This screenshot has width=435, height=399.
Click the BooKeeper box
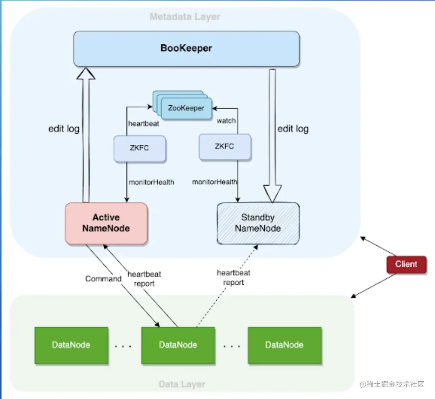point(186,49)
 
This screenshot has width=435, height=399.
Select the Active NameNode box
point(106,223)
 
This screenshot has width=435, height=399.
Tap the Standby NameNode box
point(258,223)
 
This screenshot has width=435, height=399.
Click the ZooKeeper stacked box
point(186,108)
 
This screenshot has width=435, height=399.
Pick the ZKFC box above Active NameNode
point(139,148)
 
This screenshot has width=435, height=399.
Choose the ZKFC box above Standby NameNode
point(224,146)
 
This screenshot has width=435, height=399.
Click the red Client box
point(406,265)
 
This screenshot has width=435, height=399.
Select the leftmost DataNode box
point(71,345)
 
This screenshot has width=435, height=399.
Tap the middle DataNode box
point(178,345)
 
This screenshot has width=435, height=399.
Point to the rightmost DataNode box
point(284,345)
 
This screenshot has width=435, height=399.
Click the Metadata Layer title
point(185,17)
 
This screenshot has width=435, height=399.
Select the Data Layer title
point(182,384)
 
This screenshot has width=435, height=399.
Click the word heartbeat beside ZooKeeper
point(143,124)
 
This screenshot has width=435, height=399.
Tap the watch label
point(226,121)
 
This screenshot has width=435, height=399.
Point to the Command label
point(103,279)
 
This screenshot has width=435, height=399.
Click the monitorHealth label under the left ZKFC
point(151,182)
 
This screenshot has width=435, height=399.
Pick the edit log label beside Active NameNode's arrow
point(64,129)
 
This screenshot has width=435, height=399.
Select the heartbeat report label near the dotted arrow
point(234,278)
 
